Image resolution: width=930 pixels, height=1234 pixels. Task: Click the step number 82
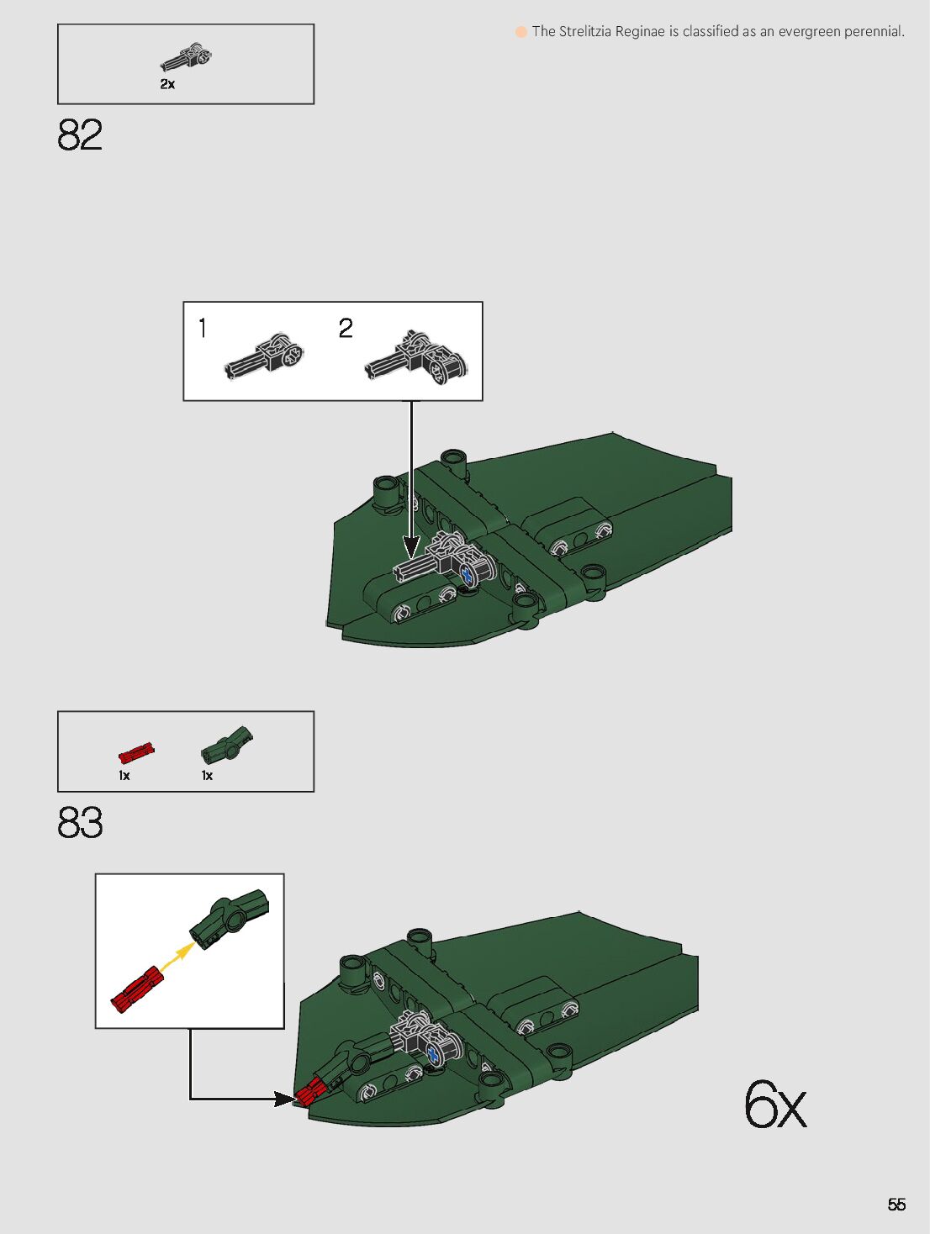[x=79, y=135]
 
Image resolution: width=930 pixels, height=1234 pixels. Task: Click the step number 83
[x=80, y=822]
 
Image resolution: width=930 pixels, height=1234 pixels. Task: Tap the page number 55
[x=896, y=1205]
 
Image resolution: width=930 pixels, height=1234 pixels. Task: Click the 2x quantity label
[x=167, y=84]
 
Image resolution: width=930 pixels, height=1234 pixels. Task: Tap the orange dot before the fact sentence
[x=521, y=32]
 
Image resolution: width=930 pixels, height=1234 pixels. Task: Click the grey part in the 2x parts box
[x=186, y=57]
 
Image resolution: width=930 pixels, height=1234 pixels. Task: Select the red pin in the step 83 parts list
[x=136, y=752]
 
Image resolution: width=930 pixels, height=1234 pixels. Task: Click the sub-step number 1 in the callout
[x=203, y=328]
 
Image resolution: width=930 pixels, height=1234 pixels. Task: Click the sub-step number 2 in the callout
[x=346, y=328]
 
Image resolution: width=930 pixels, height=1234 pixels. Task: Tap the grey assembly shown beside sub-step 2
[x=416, y=357]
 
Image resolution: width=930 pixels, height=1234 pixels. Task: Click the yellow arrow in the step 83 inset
[x=177, y=956]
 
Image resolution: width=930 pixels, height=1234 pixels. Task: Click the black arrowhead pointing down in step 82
[x=411, y=546]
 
